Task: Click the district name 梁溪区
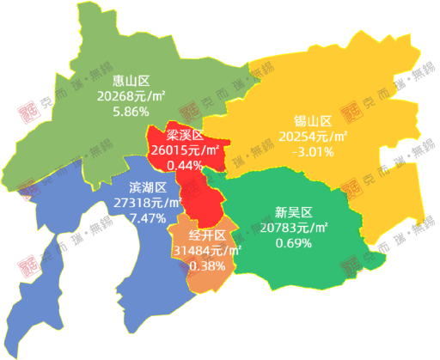click(185, 135)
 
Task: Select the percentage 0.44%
click(184, 164)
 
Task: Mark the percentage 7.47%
click(147, 218)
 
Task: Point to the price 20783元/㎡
click(292, 227)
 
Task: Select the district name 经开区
click(208, 235)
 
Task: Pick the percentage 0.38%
click(208, 265)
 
